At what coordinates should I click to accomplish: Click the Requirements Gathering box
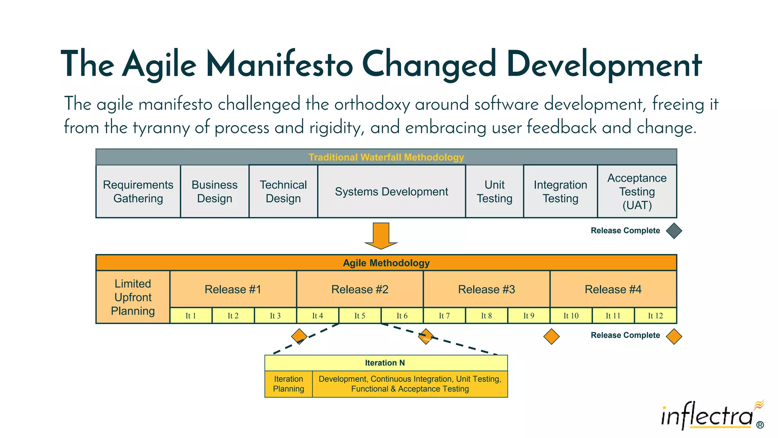pos(138,191)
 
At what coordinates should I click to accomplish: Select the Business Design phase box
pos(215,191)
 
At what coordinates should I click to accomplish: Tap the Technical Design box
pos(283,191)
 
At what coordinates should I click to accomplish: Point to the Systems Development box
pos(391,191)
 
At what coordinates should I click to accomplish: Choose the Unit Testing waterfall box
pos(494,191)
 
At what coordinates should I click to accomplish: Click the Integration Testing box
pos(560,191)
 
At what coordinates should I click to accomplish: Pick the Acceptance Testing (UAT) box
pos(637,191)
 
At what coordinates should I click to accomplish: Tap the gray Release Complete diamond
pos(674,231)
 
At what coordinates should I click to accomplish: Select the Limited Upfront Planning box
pos(133,297)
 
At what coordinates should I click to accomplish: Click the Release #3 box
pos(486,289)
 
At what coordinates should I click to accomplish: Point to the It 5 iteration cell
pos(360,316)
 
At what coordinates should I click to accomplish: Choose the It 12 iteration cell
pos(655,316)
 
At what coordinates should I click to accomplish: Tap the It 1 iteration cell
pos(191,316)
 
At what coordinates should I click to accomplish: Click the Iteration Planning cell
pos(288,384)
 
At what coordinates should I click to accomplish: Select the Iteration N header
pos(386,363)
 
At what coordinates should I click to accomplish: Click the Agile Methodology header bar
pos(386,263)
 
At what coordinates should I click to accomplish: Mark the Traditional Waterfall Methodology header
pos(386,157)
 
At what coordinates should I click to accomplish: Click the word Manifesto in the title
pos(280,65)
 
